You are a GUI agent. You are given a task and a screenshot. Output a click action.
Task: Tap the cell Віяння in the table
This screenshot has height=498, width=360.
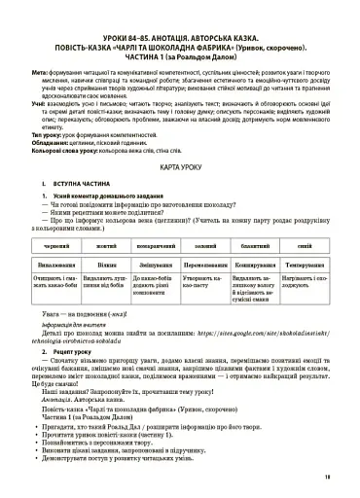point(107,266)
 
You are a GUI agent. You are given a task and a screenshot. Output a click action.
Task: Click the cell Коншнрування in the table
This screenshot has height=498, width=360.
point(256,266)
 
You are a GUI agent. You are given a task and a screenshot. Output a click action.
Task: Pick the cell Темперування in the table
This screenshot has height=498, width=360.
point(305,266)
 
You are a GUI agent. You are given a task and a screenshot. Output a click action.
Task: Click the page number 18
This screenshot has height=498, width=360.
point(327,476)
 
